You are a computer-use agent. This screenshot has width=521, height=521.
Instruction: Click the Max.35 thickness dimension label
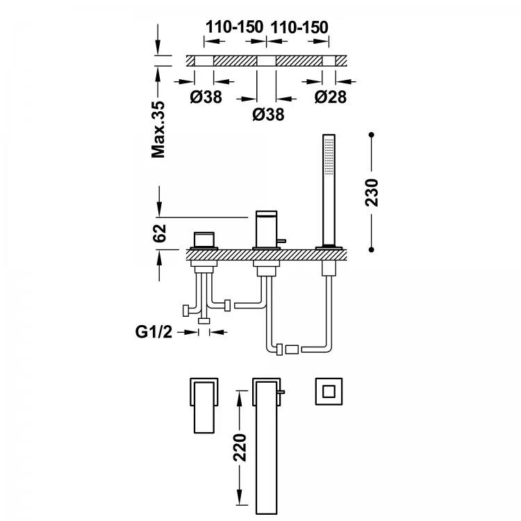tap(158, 130)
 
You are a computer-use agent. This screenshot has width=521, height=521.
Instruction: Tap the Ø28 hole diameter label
tap(330, 97)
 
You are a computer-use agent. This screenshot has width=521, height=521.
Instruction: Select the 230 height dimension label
tap(372, 192)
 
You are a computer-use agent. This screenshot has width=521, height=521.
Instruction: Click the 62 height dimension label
tap(160, 233)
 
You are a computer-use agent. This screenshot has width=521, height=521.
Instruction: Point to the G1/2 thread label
tap(154, 331)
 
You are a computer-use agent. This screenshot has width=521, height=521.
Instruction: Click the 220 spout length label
tap(240, 447)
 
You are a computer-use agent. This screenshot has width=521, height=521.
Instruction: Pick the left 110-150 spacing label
tap(234, 27)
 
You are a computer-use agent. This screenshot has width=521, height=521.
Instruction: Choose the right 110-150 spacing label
tap(299, 27)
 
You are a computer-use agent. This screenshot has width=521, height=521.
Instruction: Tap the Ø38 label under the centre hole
tap(268, 115)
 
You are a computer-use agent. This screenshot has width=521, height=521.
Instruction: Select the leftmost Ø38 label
tap(206, 97)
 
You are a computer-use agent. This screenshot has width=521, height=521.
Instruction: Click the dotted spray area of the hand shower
tap(329, 156)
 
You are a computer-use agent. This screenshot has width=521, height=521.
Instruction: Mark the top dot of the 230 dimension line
tap(372, 135)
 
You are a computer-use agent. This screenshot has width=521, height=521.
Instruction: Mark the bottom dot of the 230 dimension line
tap(372, 249)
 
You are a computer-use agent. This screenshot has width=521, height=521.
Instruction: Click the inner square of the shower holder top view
tap(329, 391)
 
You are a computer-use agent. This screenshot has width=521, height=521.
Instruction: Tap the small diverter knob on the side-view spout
tap(282, 240)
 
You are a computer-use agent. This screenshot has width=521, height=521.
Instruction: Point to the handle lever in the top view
tap(204, 407)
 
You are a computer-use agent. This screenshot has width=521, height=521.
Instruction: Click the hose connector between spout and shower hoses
tap(292, 350)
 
